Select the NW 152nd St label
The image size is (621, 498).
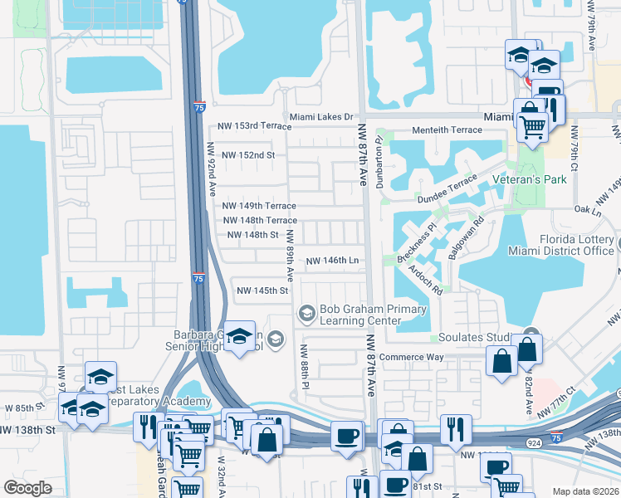coord(247,155)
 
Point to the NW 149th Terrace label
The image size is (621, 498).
coord(259,206)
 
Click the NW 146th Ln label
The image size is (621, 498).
coord(332,261)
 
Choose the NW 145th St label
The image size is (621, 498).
coord(262,290)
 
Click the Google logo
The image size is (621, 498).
coord(28,488)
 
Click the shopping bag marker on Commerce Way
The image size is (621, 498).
coord(501,362)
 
